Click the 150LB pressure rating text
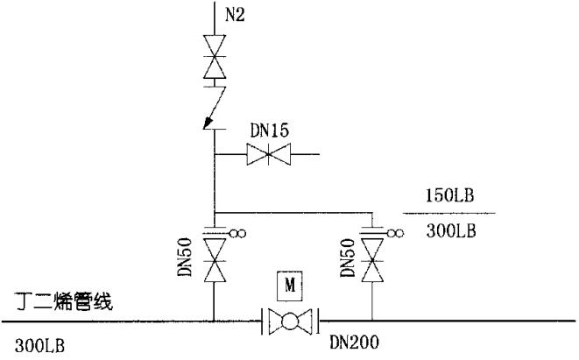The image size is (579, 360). tap(449, 196)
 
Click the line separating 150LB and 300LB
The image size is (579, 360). tap(449, 213)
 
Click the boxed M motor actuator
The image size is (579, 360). tap(288, 285)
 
